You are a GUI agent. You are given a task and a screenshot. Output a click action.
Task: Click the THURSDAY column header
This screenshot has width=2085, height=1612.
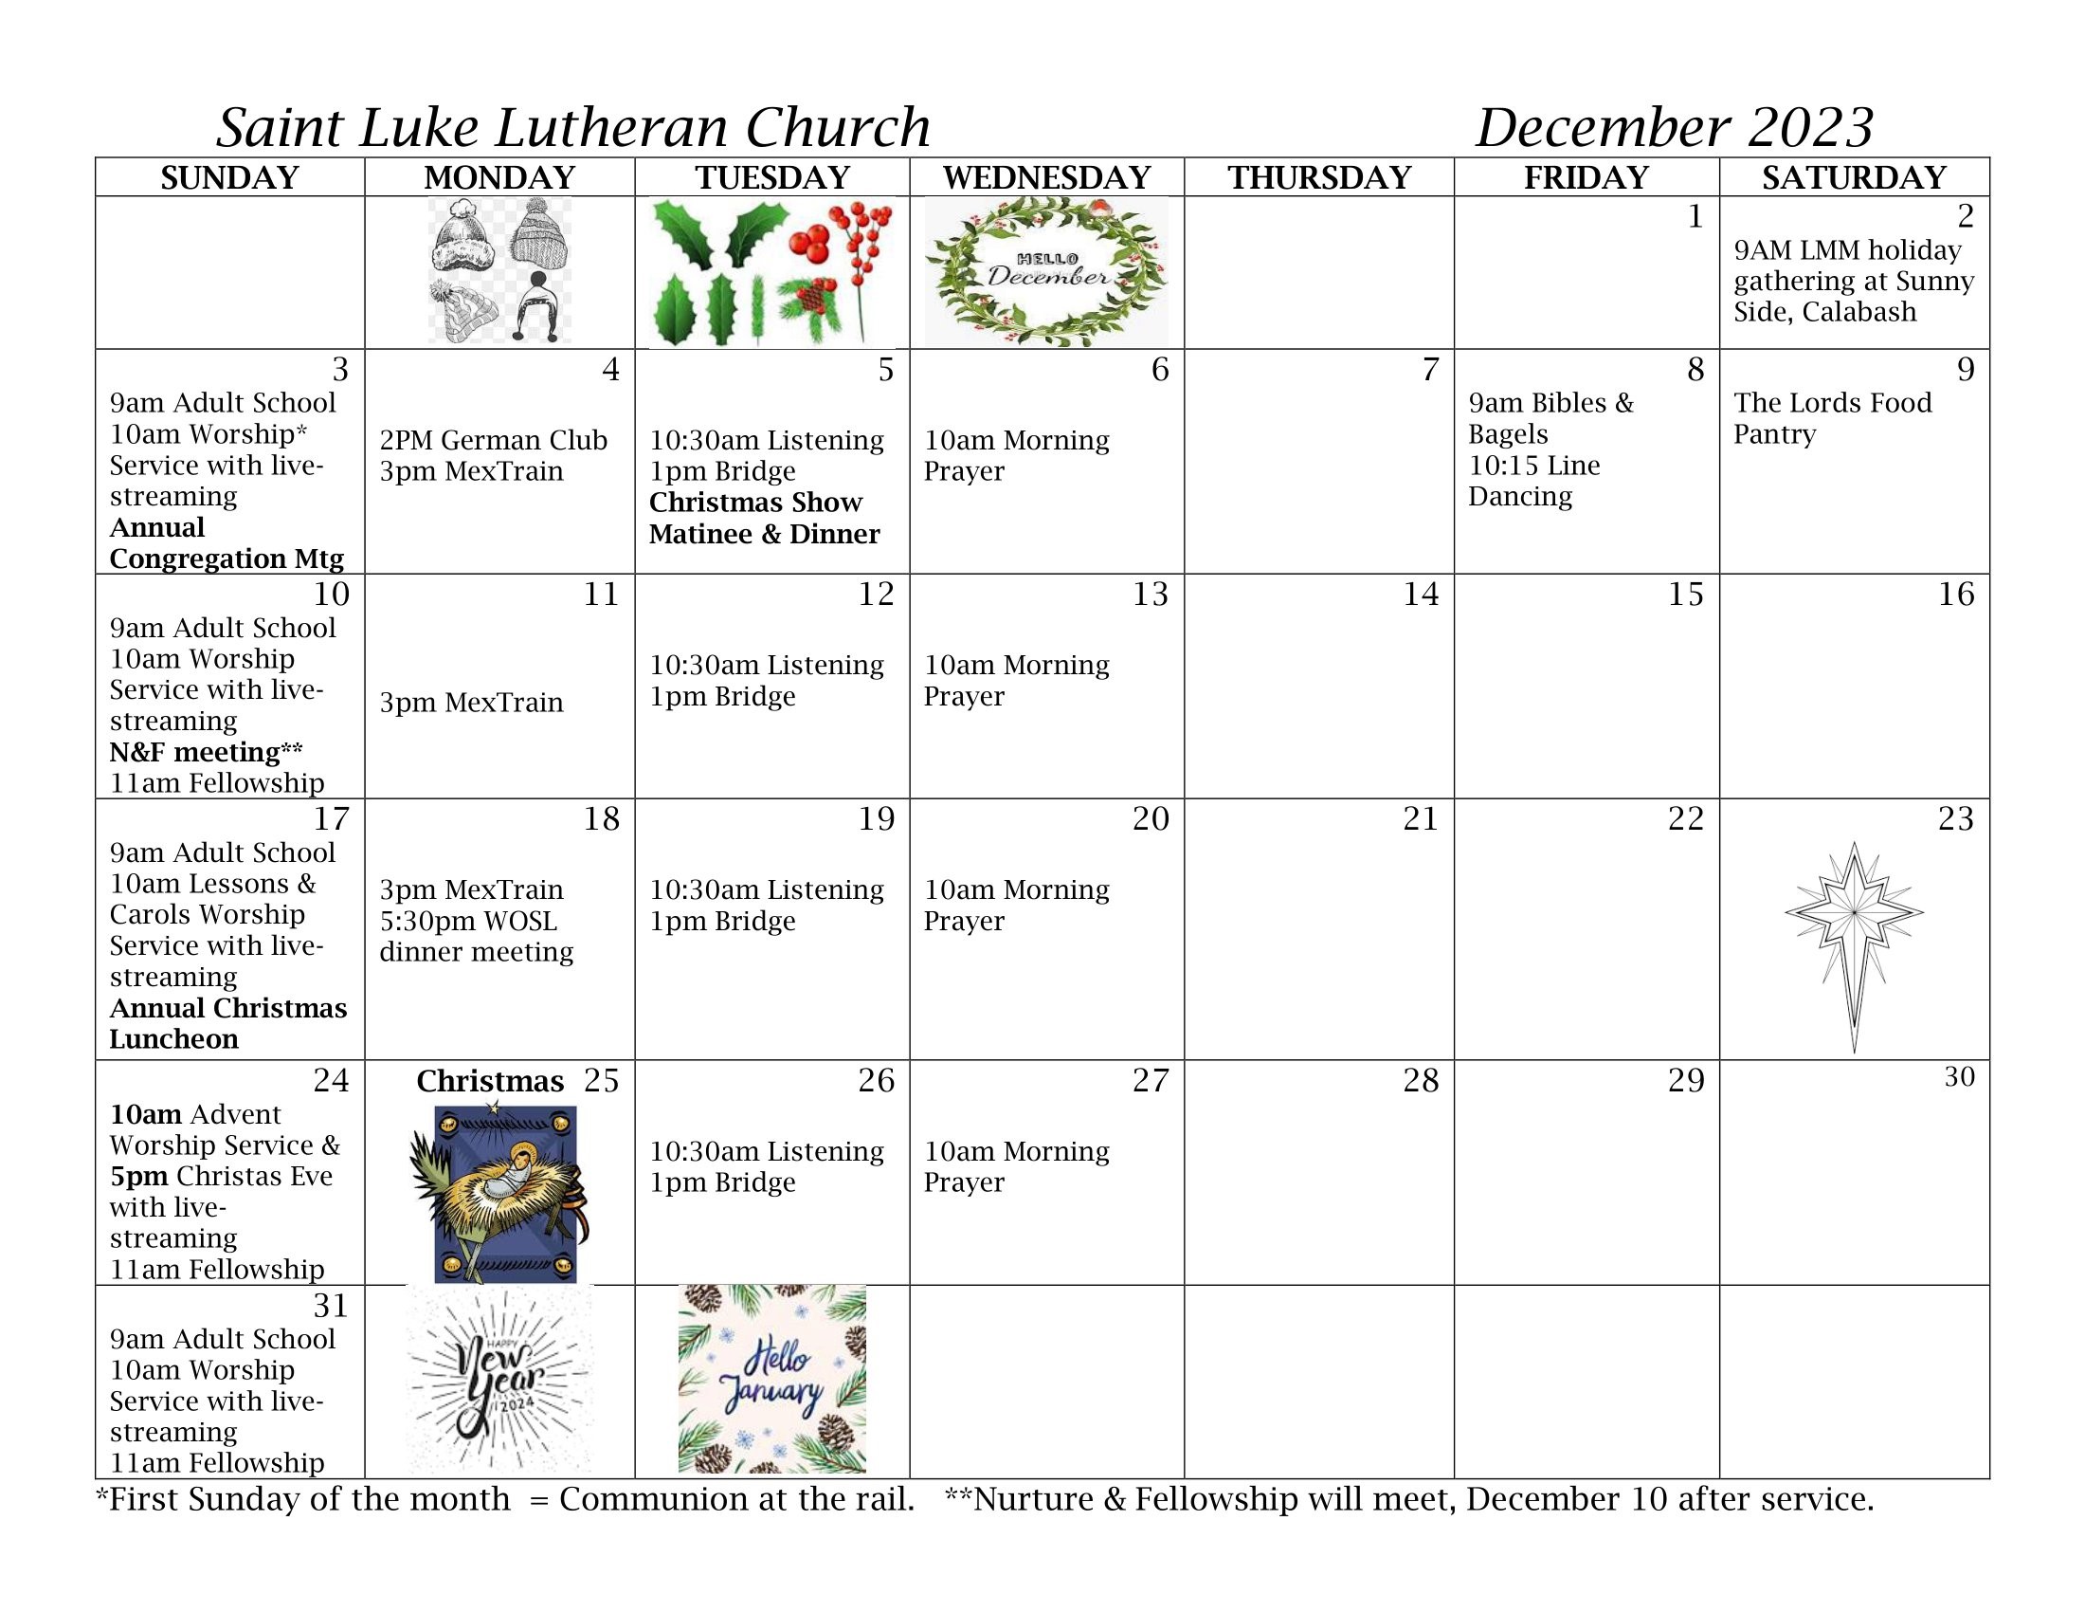[1318, 177]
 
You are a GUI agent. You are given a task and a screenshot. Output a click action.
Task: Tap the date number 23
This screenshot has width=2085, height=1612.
[1955, 819]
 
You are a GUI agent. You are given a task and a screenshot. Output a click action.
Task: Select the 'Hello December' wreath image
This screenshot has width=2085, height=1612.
[1046, 272]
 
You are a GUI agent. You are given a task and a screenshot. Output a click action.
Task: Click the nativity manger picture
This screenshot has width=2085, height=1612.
[499, 1194]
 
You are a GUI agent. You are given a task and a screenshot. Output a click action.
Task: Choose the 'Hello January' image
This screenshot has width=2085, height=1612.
[771, 1379]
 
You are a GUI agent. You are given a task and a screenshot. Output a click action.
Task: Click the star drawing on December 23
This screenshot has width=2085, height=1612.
[1854, 945]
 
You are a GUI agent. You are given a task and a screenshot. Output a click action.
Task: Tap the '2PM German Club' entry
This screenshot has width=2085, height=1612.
[493, 440]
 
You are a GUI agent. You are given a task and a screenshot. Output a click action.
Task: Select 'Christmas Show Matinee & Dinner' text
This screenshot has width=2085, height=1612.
[764, 519]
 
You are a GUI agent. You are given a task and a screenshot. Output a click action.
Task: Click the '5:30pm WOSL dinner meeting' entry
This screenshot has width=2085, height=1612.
[477, 937]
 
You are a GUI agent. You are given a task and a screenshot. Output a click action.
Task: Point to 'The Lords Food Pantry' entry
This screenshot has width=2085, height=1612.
[1832, 418]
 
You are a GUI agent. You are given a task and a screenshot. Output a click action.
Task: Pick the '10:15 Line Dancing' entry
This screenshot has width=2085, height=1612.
[1533, 482]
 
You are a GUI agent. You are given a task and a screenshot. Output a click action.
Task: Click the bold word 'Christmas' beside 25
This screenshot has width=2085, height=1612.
[490, 1081]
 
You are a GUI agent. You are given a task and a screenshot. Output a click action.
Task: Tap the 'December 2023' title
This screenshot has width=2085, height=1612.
[1675, 128]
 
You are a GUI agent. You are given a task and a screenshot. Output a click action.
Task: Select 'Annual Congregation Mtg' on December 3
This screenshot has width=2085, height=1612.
[227, 543]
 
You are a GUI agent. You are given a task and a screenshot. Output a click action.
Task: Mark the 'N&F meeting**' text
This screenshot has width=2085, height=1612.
[206, 753]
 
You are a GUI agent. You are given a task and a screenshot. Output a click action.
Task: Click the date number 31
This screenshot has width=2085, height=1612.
[331, 1306]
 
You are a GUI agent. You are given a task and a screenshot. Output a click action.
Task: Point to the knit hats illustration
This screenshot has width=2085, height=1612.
[499, 271]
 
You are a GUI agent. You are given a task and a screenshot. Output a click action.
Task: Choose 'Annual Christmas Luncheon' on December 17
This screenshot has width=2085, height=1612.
[227, 1024]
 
